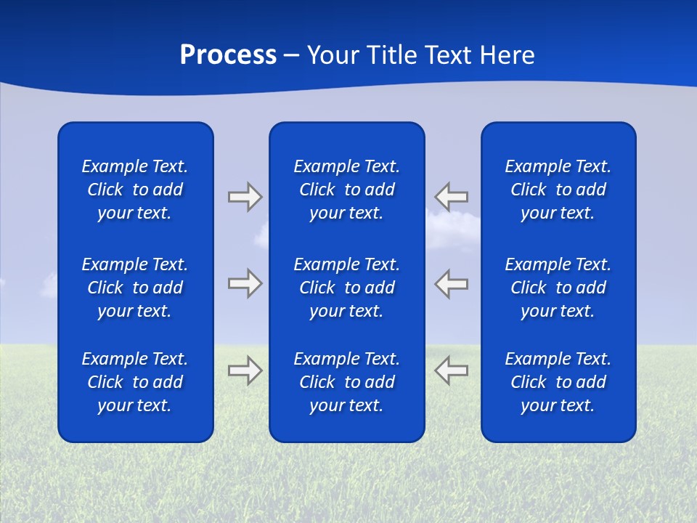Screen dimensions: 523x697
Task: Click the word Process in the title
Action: (228, 55)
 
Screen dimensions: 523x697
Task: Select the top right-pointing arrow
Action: (245, 197)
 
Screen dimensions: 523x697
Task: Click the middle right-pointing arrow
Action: (245, 283)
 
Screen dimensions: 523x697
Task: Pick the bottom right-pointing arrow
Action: (245, 370)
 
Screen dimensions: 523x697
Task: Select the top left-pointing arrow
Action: (452, 197)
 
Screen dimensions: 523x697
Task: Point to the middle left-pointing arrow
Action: (452, 283)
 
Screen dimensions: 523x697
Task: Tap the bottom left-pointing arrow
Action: (452, 370)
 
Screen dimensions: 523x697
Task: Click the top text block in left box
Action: (135, 190)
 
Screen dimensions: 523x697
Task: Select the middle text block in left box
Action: (135, 288)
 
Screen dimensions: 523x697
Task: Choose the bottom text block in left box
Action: (135, 382)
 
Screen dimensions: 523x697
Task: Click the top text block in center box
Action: (347, 190)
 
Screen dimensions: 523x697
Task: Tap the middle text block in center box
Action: (347, 288)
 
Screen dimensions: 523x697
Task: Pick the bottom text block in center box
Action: (347, 382)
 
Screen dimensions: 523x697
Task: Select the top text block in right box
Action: (558, 190)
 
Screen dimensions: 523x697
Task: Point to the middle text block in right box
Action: (558, 288)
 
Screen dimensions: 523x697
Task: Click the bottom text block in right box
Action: (558, 382)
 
